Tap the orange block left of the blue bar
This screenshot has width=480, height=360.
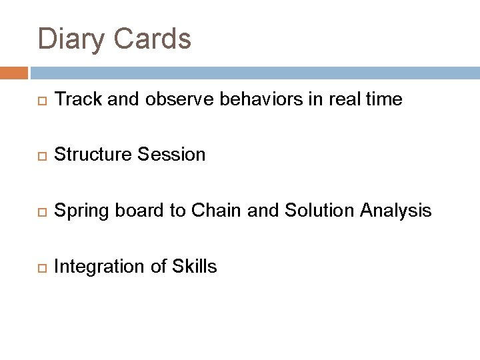coord(14,72)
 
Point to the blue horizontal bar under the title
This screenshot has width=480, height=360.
coord(253,72)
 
